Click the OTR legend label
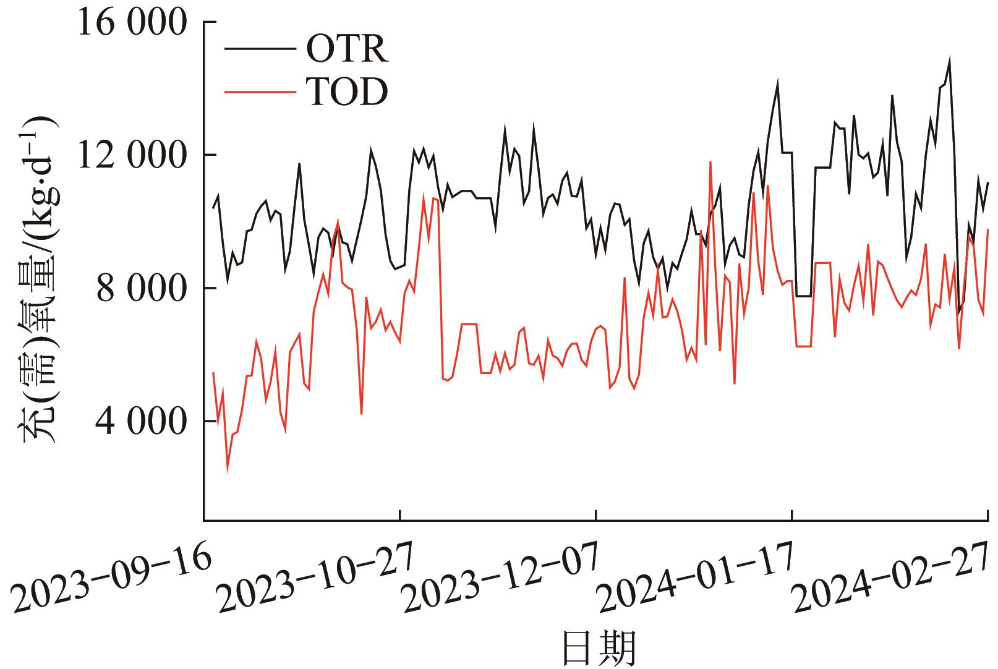click(347, 50)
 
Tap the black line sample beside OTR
click(259, 50)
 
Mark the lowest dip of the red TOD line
click(227, 472)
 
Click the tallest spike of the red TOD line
click(710, 162)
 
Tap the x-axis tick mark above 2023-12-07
click(596, 515)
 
